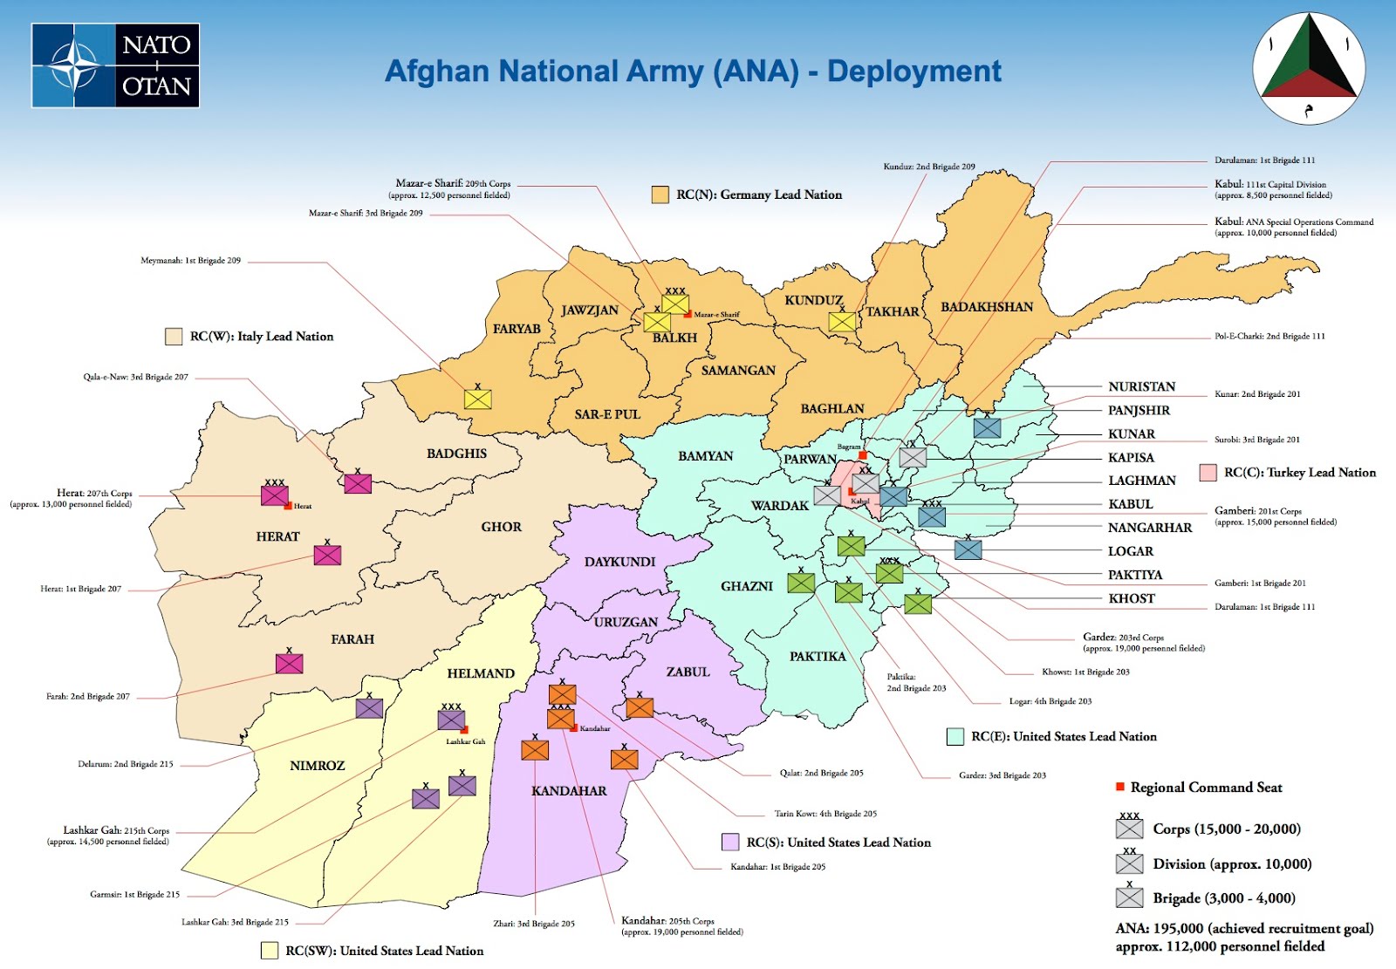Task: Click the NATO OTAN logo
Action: tap(115, 65)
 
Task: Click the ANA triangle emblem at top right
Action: tap(1309, 68)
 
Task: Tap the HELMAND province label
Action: tap(481, 673)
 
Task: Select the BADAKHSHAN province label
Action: tap(986, 307)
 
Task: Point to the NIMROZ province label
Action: tap(317, 766)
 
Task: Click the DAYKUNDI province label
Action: tap(619, 562)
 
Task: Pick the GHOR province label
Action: tap(501, 527)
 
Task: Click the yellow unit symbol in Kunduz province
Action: tap(842, 322)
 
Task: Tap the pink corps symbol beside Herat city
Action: tap(275, 495)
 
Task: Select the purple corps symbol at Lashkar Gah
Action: tap(451, 720)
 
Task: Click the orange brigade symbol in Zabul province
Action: tap(640, 707)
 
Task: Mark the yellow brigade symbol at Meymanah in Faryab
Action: tap(477, 399)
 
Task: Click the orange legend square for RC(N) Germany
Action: tap(660, 194)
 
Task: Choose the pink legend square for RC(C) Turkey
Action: tap(1208, 473)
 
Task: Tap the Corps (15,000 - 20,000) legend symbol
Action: tap(1129, 829)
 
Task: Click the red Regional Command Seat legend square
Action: tap(1120, 787)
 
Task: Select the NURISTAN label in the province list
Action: tap(1141, 386)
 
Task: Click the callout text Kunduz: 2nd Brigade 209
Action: tap(928, 167)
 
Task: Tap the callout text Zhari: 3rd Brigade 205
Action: tap(534, 924)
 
